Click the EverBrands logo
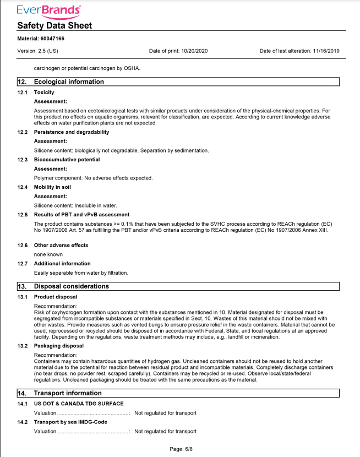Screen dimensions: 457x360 pyautogui.click(x=49, y=10)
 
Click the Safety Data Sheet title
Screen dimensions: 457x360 pyautogui.click(x=54, y=26)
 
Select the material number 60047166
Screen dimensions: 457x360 pyautogui.click(x=54, y=39)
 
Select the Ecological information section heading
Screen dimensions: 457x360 pyautogui.click(x=69, y=81)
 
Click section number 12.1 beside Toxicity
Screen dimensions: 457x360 pyautogui.click(x=23, y=93)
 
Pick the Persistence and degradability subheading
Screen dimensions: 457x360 pyautogui.click(x=72, y=132)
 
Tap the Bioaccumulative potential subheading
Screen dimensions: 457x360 pyautogui.click(x=67, y=160)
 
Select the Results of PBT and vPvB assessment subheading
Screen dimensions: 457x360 pyautogui.click(x=81, y=214)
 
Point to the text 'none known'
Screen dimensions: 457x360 pyautogui.click(x=48, y=254)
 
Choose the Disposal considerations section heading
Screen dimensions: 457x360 pyautogui.click(x=72, y=286)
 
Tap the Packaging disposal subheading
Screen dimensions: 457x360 pyautogui.click(x=59, y=346)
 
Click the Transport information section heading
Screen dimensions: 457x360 pyautogui.click(x=68, y=393)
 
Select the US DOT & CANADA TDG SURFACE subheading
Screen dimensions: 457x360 pyautogui.click(x=78, y=404)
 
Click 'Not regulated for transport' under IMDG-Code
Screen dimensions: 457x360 pyautogui.click(x=165, y=431)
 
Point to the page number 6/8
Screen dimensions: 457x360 pyautogui.click(x=181, y=449)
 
